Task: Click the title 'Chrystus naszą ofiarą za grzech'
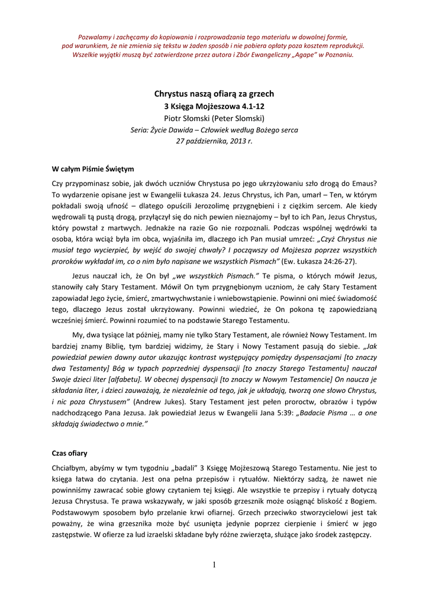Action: point(214,94)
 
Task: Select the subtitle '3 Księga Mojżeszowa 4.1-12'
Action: point(214,106)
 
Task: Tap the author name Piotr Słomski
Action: point(214,119)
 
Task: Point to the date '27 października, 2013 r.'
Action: point(214,141)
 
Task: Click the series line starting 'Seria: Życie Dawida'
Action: point(214,130)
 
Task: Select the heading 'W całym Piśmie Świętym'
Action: point(93,169)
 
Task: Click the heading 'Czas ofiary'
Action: point(70,453)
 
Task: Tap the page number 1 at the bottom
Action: point(214,565)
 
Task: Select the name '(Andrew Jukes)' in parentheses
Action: point(156,402)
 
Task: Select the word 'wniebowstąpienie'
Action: point(272,298)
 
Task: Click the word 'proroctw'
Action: point(292,402)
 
